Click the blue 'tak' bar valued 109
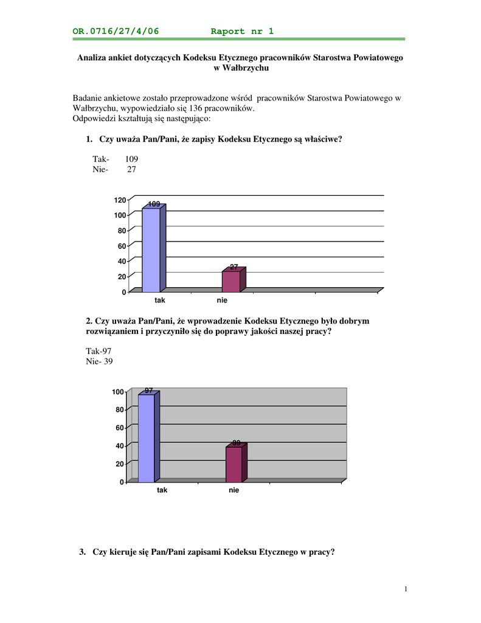(151, 250)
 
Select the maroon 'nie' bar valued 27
(231, 281)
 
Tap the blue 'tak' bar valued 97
(147, 438)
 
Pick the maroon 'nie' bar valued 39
(234, 465)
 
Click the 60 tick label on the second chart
(118, 428)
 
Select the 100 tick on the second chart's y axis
(117, 392)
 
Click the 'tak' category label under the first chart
(159, 301)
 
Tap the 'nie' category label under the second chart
(234, 490)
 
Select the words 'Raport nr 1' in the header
(242, 31)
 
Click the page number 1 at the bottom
(405, 589)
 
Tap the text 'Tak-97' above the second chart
(99, 351)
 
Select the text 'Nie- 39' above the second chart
(99, 361)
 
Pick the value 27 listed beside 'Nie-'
(131, 170)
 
